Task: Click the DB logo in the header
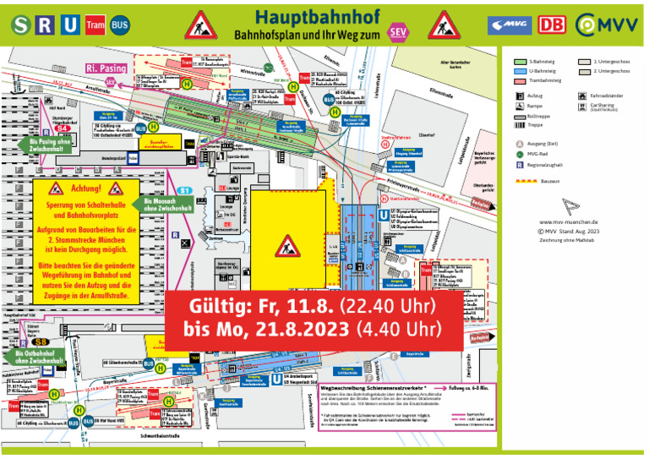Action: point(551,25)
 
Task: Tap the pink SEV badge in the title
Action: point(396,32)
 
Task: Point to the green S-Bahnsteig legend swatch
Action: point(522,62)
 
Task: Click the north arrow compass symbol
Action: point(571,208)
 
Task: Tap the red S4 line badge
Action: point(61,127)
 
